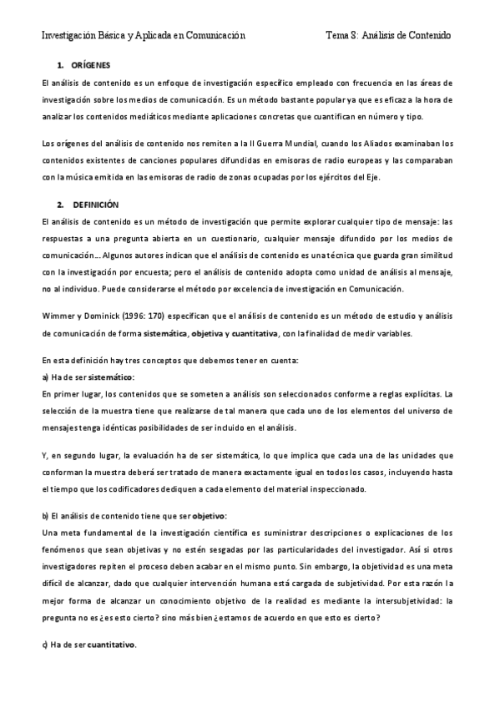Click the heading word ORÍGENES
click(92, 64)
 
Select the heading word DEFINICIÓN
click(96, 204)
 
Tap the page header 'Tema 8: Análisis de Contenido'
click(387, 36)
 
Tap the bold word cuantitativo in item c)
click(110, 645)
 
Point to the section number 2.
click(60, 204)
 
